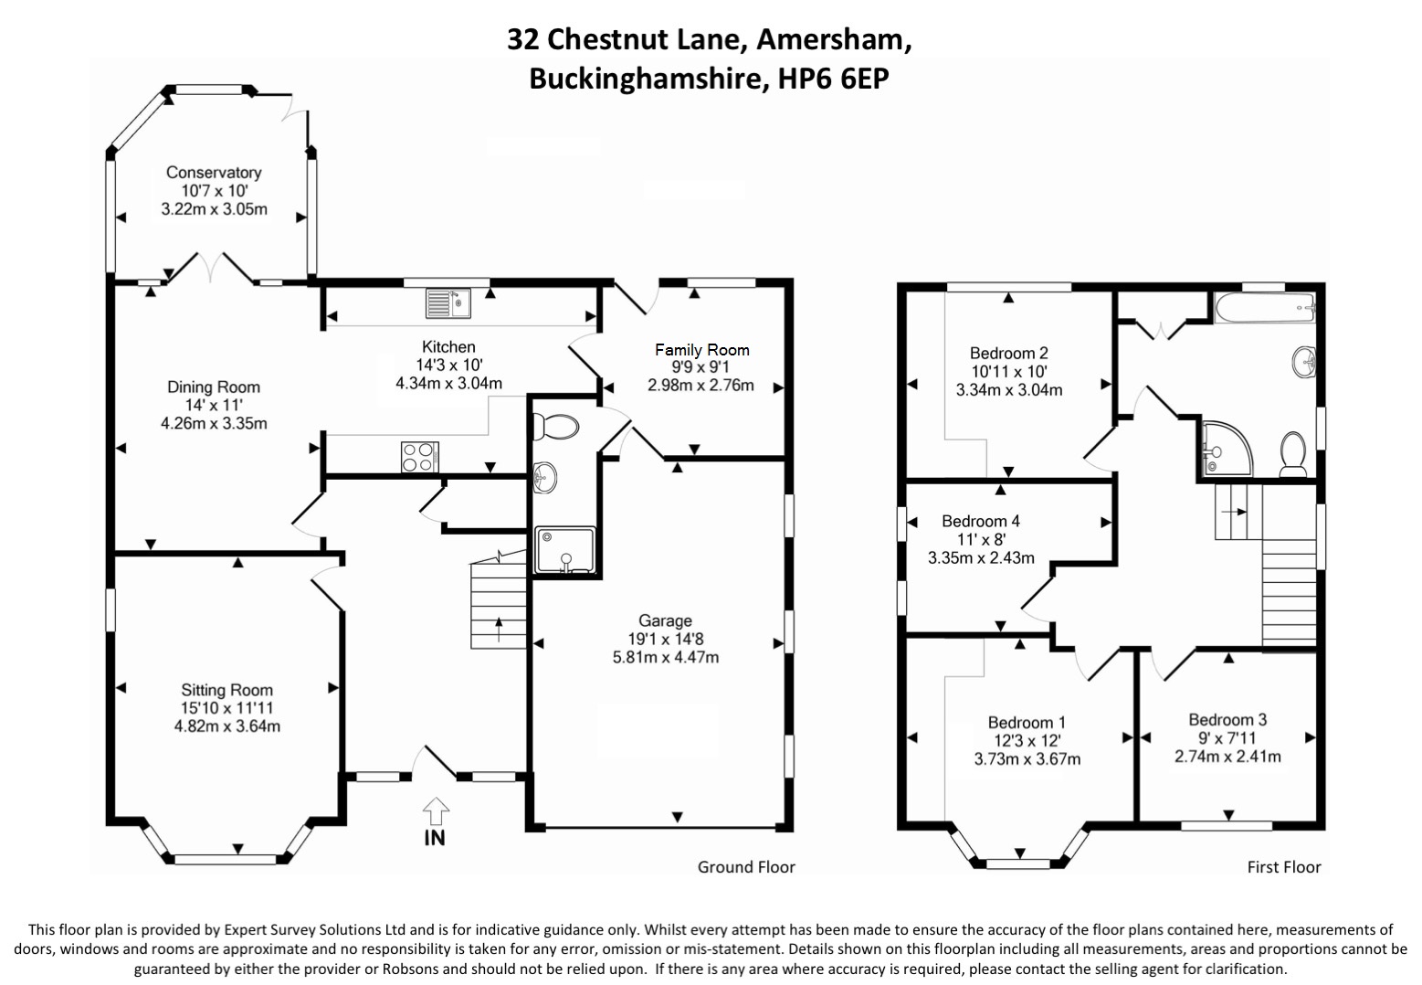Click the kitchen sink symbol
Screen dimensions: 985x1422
[448, 302]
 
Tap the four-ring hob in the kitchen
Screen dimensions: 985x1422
[419, 457]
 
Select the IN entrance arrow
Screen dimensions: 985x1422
[436, 821]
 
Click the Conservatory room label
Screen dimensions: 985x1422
[214, 173]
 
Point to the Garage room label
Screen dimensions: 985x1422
[665, 620]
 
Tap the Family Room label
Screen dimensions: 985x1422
[701, 350]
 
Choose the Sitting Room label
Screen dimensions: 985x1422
[226, 690]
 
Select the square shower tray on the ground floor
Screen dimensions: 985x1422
[564, 550]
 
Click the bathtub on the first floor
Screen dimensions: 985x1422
[1264, 308]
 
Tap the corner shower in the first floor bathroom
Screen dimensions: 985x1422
[1224, 449]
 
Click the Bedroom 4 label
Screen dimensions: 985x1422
[981, 521]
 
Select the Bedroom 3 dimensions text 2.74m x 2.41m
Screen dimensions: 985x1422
[1227, 757]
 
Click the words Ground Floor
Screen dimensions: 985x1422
[746, 867]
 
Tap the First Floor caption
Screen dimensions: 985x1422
[1284, 867]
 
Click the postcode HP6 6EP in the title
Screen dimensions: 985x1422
[833, 79]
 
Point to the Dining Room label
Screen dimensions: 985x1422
[214, 387]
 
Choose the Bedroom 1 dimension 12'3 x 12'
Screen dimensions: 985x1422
[1027, 741]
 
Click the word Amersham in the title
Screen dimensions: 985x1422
[833, 39]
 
